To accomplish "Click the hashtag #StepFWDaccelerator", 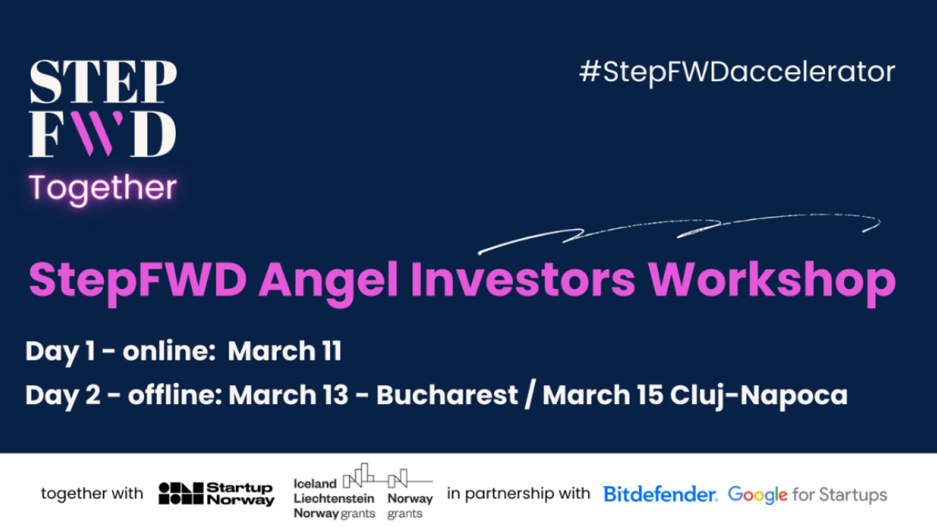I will click(737, 72).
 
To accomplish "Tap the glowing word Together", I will click(102, 188).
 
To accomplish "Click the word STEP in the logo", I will click(102, 82).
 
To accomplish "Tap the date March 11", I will click(285, 351).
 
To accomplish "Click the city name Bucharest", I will click(447, 395).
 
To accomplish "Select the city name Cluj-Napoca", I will click(758, 395).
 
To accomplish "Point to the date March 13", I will click(288, 395).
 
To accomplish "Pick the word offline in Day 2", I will click(173, 395).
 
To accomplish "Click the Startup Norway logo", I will click(216, 493).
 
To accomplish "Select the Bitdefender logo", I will click(660, 494).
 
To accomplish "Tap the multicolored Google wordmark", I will click(758, 496).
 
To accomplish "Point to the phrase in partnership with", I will click(518, 493).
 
